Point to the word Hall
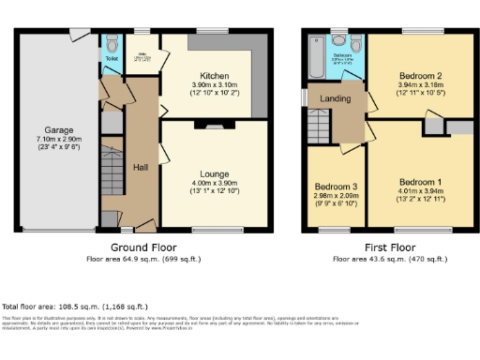tap(141, 167)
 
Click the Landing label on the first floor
tap(336, 99)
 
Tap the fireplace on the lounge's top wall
tap(215, 124)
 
